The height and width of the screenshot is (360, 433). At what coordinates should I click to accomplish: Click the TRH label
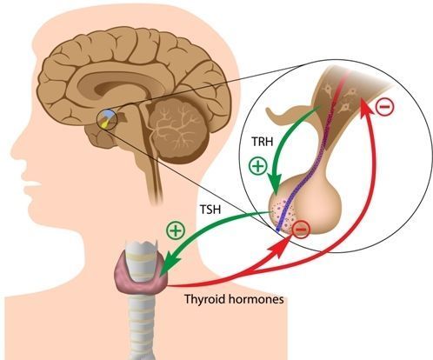263,142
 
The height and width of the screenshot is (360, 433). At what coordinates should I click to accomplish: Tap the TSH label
210,209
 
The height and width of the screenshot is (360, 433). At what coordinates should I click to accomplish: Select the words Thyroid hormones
234,299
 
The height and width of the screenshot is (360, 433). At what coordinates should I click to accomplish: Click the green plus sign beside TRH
258,166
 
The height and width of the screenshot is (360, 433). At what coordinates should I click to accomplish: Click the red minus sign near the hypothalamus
385,107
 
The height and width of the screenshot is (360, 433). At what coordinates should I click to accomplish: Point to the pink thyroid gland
142,277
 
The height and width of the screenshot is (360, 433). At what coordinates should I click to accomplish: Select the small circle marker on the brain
106,119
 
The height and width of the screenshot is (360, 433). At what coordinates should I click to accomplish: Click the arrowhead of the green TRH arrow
275,184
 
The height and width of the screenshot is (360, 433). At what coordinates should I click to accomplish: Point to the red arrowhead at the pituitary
282,246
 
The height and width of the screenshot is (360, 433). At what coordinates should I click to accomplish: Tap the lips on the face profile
32,189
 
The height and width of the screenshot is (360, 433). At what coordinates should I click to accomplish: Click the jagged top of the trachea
141,243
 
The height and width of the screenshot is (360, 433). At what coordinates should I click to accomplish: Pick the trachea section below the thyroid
142,324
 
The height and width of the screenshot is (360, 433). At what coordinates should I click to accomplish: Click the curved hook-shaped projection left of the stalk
285,115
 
